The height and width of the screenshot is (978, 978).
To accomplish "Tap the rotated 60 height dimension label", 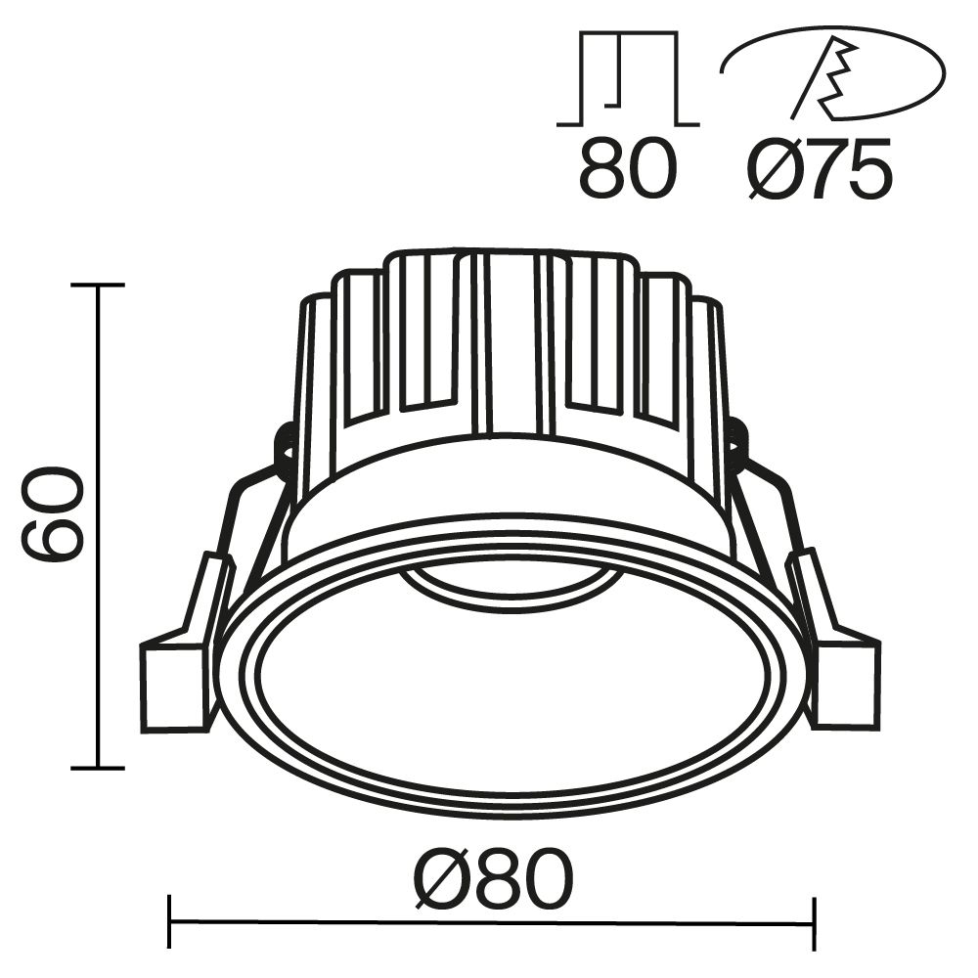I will coord(55,514).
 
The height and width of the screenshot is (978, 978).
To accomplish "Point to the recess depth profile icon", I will coord(627,79).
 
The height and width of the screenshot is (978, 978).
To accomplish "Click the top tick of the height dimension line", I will coord(98,286).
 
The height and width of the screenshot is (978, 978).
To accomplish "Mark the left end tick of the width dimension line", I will coord(170,922).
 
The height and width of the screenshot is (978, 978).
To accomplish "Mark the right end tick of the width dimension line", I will coord(813,922).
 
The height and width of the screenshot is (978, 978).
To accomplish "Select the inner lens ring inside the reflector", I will coord(512,584).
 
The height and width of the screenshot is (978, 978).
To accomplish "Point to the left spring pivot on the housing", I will coord(286,445).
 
